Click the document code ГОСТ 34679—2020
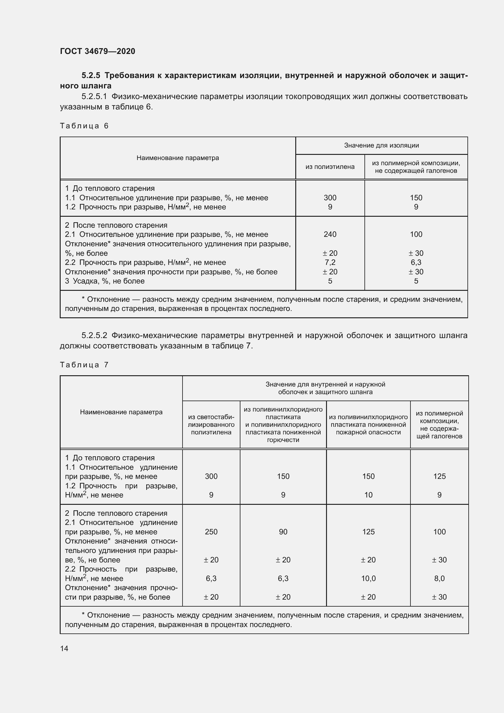(x=98, y=51)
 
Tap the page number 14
(x=64, y=648)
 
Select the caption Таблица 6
(x=84, y=126)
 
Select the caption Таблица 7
(x=84, y=365)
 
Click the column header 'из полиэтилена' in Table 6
(x=330, y=167)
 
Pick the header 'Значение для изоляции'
(x=382, y=145)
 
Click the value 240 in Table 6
(x=330, y=234)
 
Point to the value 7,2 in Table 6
(x=330, y=262)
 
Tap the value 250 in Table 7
(x=211, y=532)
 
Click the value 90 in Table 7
(x=283, y=532)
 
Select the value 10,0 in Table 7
(x=368, y=579)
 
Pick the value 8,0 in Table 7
(x=439, y=579)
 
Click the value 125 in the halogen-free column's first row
(x=439, y=476)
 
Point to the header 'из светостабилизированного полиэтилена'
(x=211, y=425)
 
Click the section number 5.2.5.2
(x=94, y=335)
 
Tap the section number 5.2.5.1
(x=94, y=97)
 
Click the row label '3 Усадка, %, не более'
(x=105, y=281)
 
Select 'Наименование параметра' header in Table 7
(x=121, y=412)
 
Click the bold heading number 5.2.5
(x=91, y=76)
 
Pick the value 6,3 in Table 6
(x=416, y=262)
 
